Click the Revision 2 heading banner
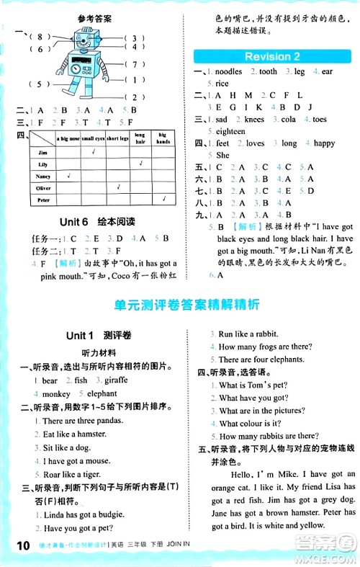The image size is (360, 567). [272, 57]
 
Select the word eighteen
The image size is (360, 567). [230, 131]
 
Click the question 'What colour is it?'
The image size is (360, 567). [252, 423]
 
